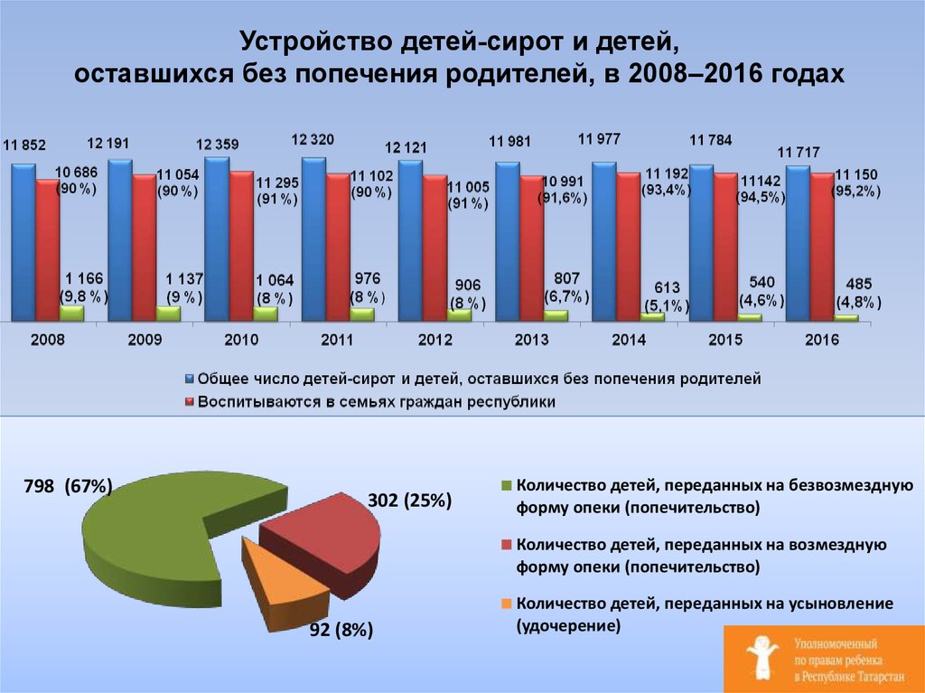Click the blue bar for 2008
click(23, 242)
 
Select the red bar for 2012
click(434, 248)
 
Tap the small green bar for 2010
click(265, 314)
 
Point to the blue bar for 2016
click(798, 243)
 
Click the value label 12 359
click(218, 143)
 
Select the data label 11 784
click(711, 140)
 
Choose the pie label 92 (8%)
click(341, 631)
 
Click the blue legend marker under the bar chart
click(189, 379)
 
